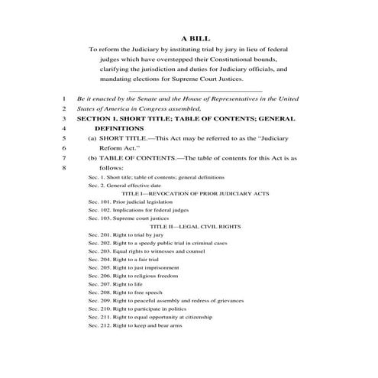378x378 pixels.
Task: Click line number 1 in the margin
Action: pos(66,99)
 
